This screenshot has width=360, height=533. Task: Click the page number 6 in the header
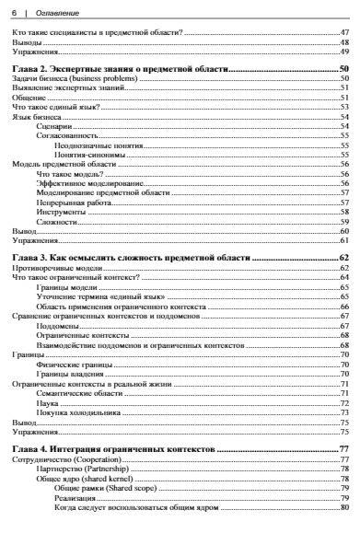(12, 10)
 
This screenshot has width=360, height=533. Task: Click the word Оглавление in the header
(52, 10)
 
